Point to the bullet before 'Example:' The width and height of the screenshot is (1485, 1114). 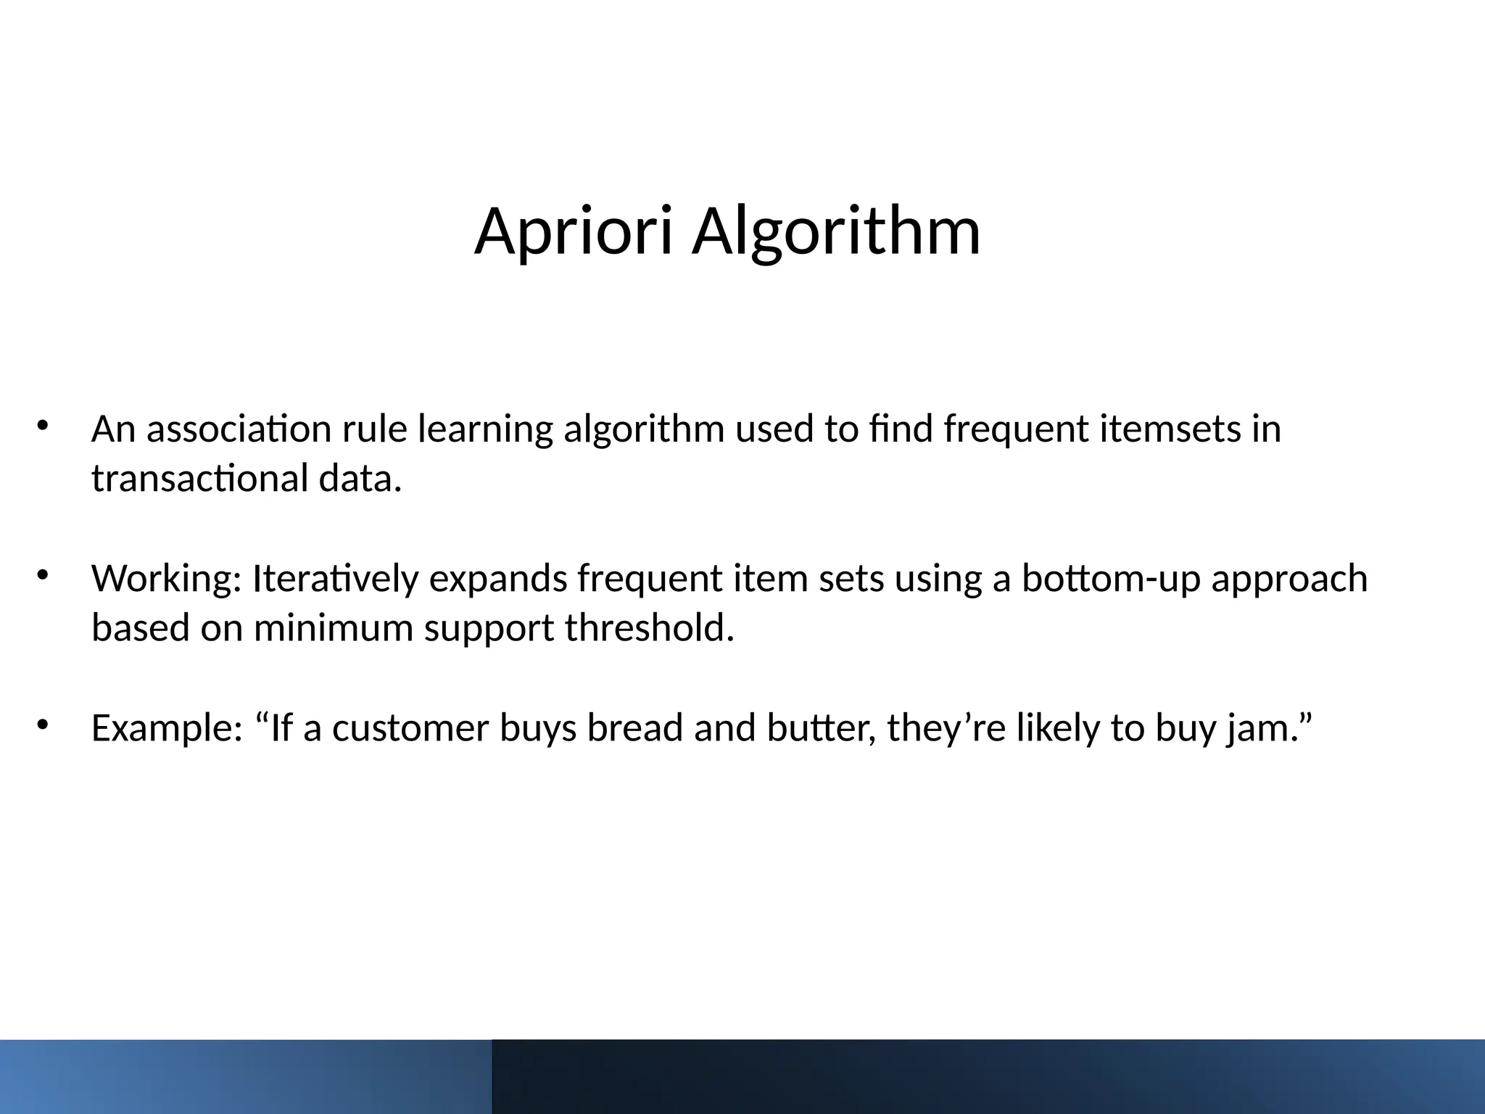[x=42, y=725]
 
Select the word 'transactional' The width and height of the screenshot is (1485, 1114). [x=200, y=479]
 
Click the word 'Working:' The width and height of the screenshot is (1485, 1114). [x=166, y=579]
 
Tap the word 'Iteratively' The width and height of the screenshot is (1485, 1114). [x=335, y=579]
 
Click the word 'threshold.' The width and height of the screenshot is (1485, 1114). [x=650, y=628]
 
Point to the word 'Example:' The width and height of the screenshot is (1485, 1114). [x=166, y=728]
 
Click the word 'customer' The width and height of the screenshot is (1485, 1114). [x=410, y=728]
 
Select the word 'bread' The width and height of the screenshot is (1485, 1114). [x=635, y=728]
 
